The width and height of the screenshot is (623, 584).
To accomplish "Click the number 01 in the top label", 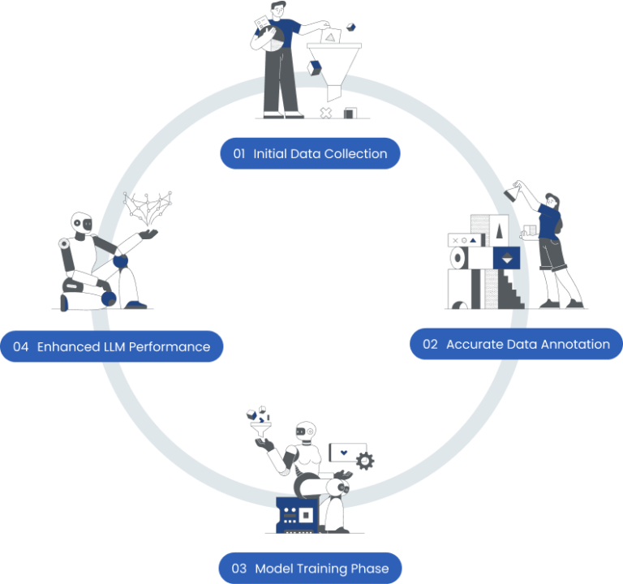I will click(x=239, y=153).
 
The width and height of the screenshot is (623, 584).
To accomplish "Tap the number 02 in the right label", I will click(x=430, y=344).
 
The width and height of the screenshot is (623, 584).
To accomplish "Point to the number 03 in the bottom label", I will click(x=238, y=569).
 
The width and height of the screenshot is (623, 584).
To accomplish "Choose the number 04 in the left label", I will click(x=21, y=347).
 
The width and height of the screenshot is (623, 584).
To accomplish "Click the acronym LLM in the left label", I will click(x=114, y=347).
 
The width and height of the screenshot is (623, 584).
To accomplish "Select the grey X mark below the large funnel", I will click(x=326, y=112).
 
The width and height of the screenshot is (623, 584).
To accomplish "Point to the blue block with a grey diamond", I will click(x=506, y=258).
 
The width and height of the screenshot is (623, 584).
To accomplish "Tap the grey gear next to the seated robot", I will click(x=366, y=461).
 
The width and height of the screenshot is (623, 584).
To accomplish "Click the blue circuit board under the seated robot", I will click(x=297, y=513).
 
